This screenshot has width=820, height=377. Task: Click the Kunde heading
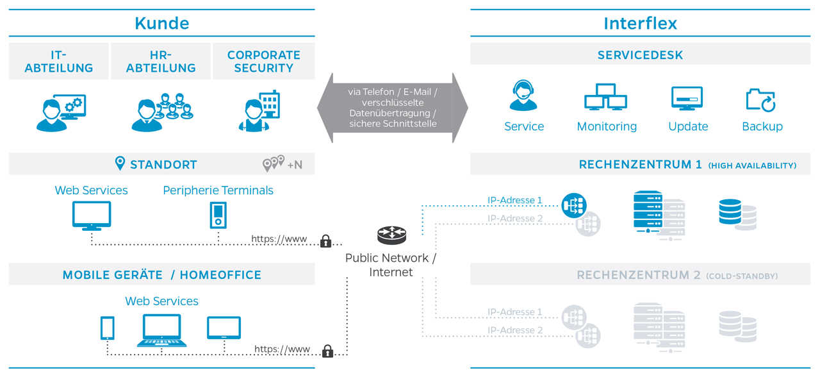coord(161,24)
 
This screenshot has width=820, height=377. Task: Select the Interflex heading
coord(640,24)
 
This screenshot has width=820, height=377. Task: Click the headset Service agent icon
coord(523,97)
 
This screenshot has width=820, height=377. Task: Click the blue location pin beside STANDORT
coord(120,163)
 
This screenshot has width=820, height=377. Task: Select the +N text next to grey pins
coord(295,165)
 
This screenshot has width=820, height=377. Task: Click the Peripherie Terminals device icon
coord(218,215)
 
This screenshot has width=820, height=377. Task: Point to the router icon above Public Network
coord(391,235)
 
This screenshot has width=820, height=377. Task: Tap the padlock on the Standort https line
coord(325,241)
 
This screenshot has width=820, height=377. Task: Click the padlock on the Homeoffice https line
coord(327,351)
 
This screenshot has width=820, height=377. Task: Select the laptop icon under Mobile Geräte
coord(162,330)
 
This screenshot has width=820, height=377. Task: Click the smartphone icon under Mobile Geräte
coord(108,328)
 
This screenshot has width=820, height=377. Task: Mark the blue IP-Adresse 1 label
coord(514,200)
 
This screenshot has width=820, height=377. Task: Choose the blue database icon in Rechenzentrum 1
coord(730,212)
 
